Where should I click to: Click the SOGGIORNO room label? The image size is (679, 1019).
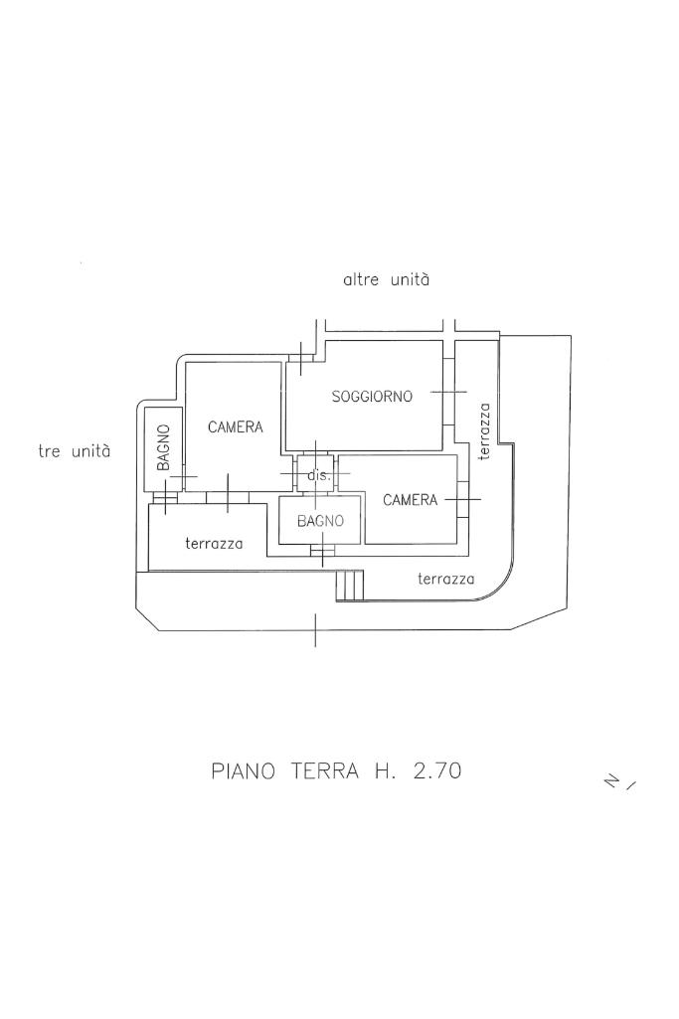pos(372,397)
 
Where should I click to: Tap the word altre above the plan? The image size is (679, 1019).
pos(360,280)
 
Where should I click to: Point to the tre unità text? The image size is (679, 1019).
pos(75,451)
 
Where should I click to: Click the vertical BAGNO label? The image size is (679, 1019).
pos(164,448)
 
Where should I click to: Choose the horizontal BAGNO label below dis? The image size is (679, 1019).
pos(320,521)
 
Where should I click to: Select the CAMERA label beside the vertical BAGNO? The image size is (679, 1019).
pos(236,427)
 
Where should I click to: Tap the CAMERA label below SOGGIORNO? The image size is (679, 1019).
pos(410,500)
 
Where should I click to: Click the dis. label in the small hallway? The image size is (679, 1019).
pos(318,476)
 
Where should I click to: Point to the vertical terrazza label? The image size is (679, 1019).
pos(484,430)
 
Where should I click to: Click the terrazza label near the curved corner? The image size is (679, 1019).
pos(446,579)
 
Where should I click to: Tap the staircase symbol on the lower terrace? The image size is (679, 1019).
pos(349,586)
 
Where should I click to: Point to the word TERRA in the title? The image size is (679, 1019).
pos(323,770)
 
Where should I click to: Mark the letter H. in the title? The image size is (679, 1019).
pos(383,770)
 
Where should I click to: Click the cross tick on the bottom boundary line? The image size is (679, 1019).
pos(315,630)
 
